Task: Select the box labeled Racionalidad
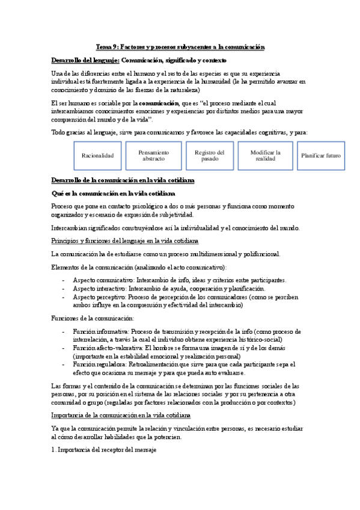[97, 156]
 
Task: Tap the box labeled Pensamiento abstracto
[154, 156]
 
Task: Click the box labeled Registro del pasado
[209, 156]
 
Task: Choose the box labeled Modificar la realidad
[265, 156]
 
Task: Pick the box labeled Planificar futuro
[321, 156]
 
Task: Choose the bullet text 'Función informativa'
[100, 331]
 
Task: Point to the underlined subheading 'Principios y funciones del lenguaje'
[125, 241]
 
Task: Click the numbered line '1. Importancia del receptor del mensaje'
[104, 450]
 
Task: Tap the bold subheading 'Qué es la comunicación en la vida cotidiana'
[113, 194]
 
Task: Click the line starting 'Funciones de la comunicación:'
[93, 318]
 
